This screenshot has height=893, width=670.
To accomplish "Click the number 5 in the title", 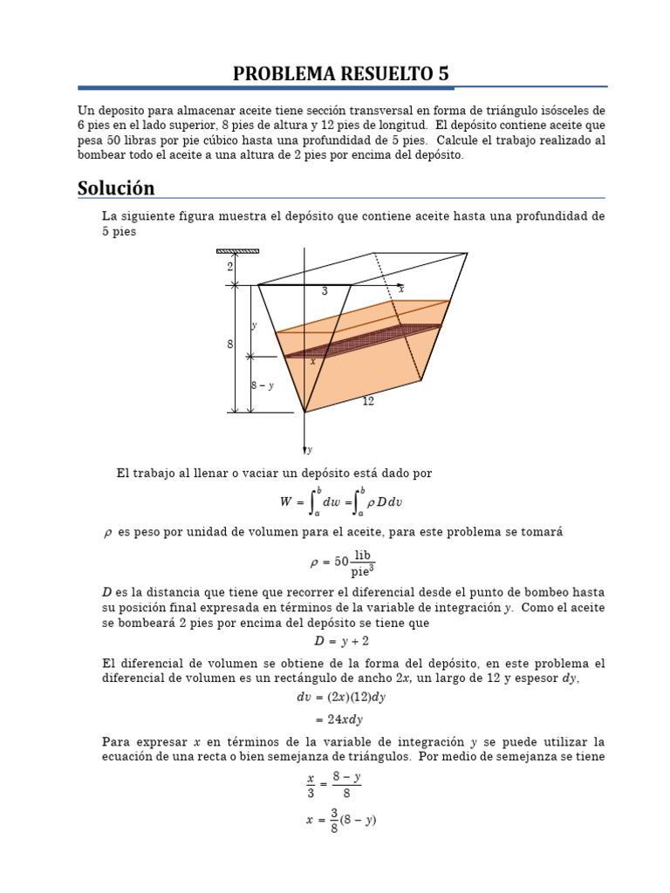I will point(444,74).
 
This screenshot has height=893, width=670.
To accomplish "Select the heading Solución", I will point(116,187).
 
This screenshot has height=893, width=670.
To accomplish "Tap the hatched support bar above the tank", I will point(237,251).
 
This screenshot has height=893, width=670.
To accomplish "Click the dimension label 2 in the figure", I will point(230,268).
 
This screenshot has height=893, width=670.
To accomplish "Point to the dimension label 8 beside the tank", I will point(230,344).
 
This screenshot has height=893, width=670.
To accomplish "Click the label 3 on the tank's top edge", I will point(325,292).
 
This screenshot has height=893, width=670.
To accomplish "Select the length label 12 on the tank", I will point(368,401).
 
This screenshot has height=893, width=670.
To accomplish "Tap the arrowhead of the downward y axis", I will point(304,449).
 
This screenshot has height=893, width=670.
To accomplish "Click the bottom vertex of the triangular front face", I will point(304,412).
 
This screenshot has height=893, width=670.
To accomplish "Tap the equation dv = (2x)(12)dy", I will point(341,697).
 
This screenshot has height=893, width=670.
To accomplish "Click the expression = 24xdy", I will point(338,719).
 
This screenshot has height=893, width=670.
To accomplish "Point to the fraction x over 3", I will point(311,785).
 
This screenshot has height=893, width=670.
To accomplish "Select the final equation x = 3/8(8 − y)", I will point(340,821).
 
